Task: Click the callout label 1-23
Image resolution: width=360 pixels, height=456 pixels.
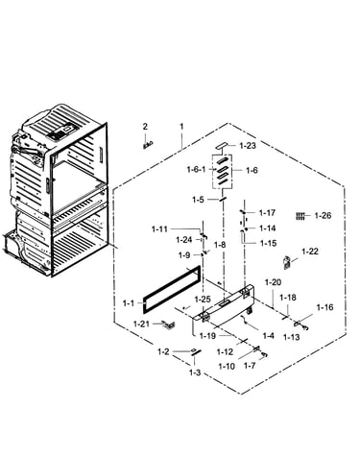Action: (x=248, y=146)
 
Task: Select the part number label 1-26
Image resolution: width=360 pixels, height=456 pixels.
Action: (x=323, y=215)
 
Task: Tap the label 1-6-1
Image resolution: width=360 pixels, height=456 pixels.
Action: (x=196, y=169)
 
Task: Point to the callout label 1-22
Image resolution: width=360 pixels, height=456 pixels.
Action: (x=310, y=252)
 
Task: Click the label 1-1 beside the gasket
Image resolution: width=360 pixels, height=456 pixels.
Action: (x=129, y=303)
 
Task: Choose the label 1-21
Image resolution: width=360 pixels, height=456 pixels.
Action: (x=141, y=324)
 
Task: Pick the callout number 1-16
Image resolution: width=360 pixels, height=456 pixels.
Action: (x=325, y=307)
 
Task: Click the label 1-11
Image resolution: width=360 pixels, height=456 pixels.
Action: (x=159, y=229)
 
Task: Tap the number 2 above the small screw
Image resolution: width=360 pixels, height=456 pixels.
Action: (x=145, y=127)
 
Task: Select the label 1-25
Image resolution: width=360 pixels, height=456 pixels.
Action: (x=203, y=300)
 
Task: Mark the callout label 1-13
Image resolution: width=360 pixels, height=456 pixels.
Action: (x=292, y=337)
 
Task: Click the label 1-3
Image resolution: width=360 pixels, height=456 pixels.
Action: (x=195, y=372)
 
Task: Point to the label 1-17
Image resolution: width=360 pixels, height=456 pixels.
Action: (x=267, y=213)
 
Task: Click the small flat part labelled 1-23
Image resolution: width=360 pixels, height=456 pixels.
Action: (x=222, y=146)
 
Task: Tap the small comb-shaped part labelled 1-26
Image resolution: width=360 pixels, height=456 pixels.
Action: (x=300, y=216)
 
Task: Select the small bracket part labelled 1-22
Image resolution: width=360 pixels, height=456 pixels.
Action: (x=287, y=262)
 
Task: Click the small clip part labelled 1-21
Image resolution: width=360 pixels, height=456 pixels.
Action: (x=168, y=324)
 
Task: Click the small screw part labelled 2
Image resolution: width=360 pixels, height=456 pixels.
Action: (x=148, y=145)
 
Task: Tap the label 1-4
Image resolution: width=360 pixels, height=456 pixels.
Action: (x=268, y=336)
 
